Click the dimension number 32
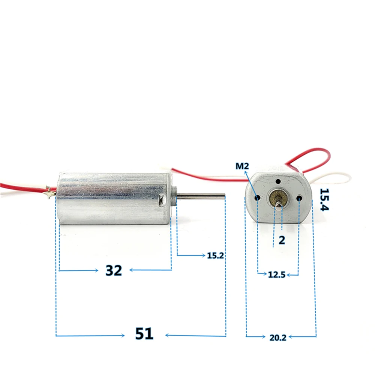pos(114,270)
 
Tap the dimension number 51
pos(144,334)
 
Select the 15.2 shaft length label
pos(215,255)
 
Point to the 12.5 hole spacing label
pos(277,274)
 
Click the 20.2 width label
pos(277,338)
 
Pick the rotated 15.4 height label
pos(324,200)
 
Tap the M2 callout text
pos(242,166)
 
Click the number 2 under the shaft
pos(282,240)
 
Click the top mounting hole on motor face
pos(278,182)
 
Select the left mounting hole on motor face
pos(257,198)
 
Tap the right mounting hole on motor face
pos(299,198)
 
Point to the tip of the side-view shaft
pos(225,196)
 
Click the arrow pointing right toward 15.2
pos(191,256)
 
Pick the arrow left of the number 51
pos(90,336)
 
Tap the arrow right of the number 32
pos(151,270)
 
